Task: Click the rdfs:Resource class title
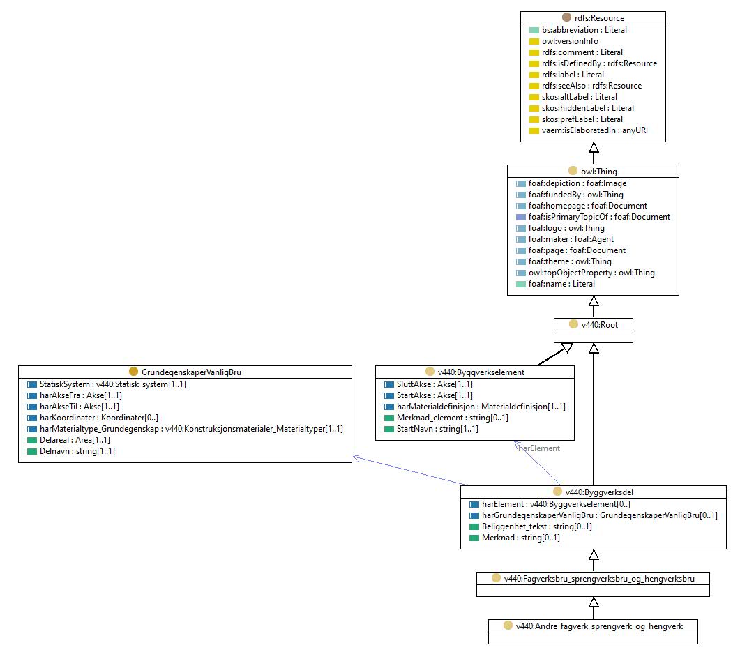[599, 18]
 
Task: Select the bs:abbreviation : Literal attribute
[584, 30]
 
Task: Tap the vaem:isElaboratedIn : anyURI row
[595, 130]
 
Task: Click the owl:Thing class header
[598, 172]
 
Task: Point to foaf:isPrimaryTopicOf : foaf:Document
[599, 217]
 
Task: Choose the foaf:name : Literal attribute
[561, 284]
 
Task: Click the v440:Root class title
[599, 324]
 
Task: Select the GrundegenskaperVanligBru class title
[191, 372]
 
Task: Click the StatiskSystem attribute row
[113, 384]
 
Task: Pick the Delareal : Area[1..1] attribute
[75, 440]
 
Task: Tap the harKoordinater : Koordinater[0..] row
[98, 418]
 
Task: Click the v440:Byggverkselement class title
[481, 372]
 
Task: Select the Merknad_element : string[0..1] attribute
[452, 418]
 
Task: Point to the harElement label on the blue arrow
[539, 448]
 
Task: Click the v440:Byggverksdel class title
[599, 492]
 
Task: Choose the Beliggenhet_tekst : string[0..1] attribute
[536, 526]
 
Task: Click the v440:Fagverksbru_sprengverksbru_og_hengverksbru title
[599, 578]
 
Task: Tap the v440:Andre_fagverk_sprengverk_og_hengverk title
[599, 626]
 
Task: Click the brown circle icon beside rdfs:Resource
[566, 17]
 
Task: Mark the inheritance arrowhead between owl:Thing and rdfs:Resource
[594, 147]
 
